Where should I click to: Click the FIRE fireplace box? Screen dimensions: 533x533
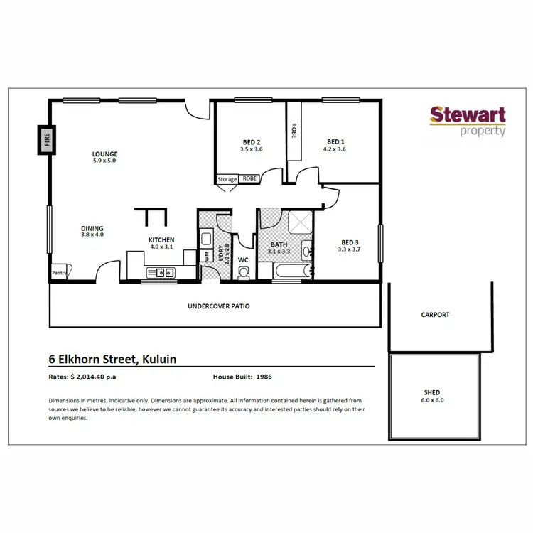tap(48, 139)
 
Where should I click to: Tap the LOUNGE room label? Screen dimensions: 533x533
tap(104, 154)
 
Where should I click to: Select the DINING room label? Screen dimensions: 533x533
tap(92, 228)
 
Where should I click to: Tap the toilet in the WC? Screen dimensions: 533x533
tap(244, 271)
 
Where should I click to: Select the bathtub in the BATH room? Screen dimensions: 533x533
tap(291, 271)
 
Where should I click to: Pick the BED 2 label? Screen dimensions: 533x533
tap(252, 142)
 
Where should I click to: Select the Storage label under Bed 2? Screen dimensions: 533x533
tap(227, 179)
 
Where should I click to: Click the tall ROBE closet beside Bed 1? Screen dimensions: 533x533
tap(294, 131)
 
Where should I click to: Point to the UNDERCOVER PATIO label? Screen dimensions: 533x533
tap(218, 306)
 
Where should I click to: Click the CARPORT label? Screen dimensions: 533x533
tap(435, 315)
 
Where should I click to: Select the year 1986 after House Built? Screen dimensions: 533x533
tap(264, 376)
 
